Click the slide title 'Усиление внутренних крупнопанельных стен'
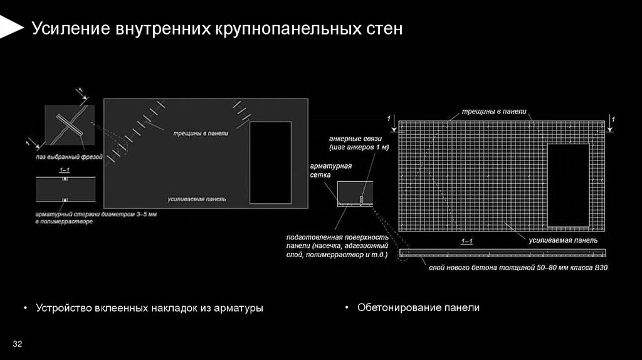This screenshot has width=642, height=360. click(216, 29)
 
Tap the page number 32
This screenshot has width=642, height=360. click(18, 344)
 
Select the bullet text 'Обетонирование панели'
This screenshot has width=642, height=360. click(418, 307)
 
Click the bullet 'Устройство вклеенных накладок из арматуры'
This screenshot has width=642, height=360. click(149, 308)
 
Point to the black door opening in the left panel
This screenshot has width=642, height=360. click(271, 162)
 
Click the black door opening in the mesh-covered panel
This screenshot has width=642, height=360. click(568, 185)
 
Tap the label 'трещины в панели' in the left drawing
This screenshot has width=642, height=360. click(201, 134)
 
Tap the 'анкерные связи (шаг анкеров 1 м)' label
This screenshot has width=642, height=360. click(354, 142)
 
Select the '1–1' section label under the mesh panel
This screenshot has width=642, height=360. click(466, 241)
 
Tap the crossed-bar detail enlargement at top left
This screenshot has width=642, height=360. click(69, 125)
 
